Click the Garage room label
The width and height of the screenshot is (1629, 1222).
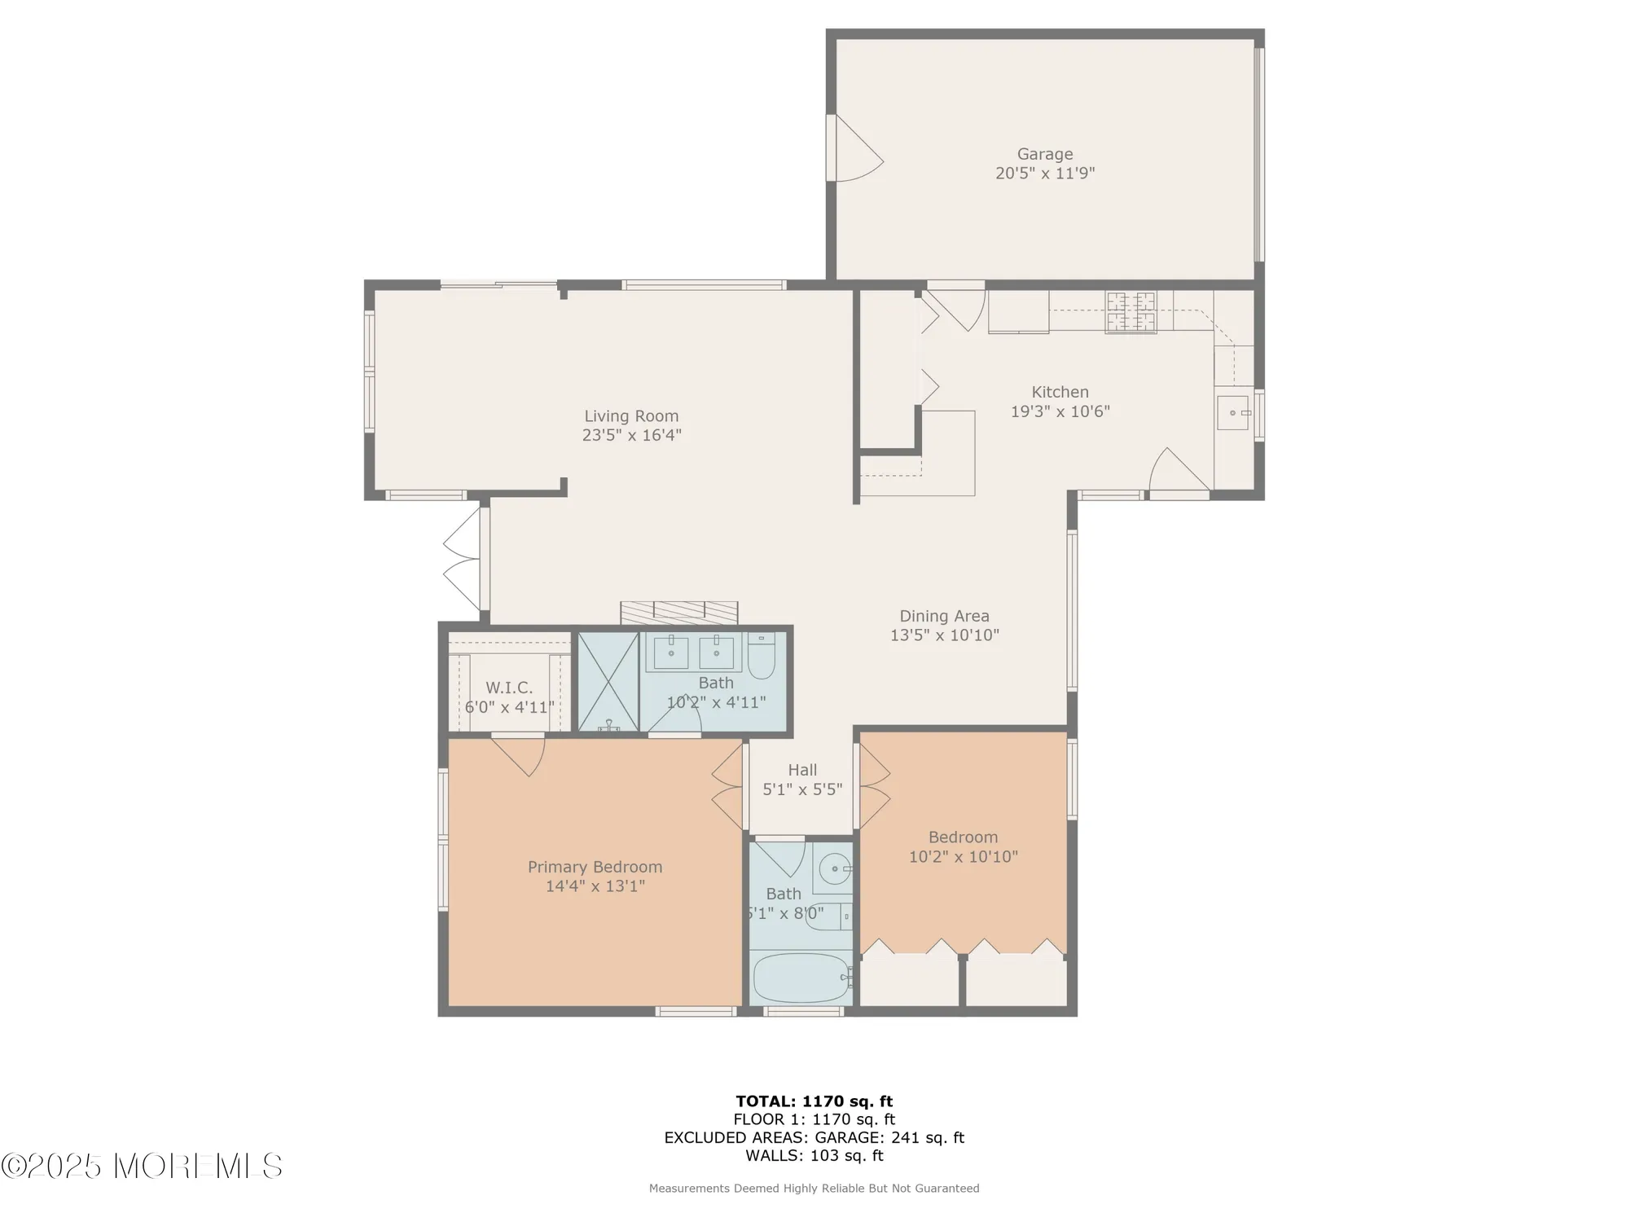tap(1044, 154)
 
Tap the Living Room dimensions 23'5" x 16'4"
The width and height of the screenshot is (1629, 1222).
tap(631, 435)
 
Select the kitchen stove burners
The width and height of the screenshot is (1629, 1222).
tap(1131, 312)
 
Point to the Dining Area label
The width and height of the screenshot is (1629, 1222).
tap(944, 616)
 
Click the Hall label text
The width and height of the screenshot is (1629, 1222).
tap(802, 770)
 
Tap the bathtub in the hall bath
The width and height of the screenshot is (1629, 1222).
tap(801, 978)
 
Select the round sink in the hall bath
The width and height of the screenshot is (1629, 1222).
tap(835, 869)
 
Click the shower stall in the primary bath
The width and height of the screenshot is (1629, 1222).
tap(608, 682)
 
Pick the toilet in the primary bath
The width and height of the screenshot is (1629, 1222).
tap(762, 657)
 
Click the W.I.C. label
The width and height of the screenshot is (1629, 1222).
tap(509, 688)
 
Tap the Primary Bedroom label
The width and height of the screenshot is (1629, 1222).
tap(595, 867)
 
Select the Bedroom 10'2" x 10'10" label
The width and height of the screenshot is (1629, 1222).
tap(963, 846)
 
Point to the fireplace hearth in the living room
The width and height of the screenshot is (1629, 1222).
tap(678, 613)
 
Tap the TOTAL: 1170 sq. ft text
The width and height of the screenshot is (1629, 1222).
tap(814, 1101)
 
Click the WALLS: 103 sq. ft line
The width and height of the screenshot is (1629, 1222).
tap(814, 1155)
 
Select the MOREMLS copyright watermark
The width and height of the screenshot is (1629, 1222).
tap(143, 1167)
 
